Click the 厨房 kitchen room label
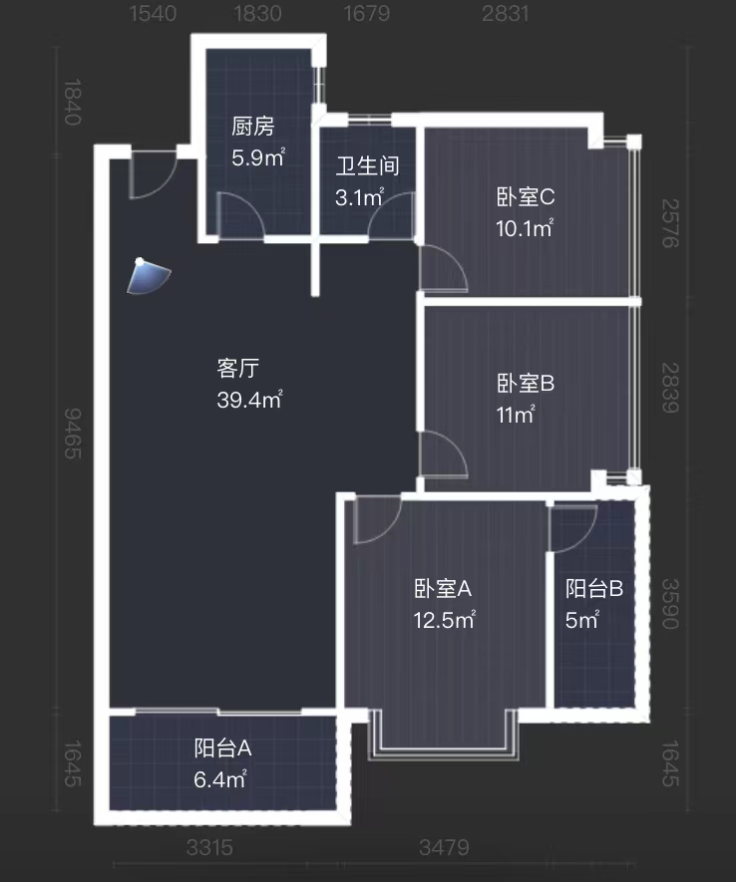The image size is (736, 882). (252, 127)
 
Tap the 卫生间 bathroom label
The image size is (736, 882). (367, 165)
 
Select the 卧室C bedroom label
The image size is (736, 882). (525, 197)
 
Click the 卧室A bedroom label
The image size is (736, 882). (443, 589)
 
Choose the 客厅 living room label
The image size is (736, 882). (238, 369)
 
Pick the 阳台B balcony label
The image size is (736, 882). (594, 589)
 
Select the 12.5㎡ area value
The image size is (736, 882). (445, 621)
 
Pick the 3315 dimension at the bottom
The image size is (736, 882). (209, 848)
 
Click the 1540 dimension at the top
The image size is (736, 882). (153, 13)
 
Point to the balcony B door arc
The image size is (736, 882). (573, 527)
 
